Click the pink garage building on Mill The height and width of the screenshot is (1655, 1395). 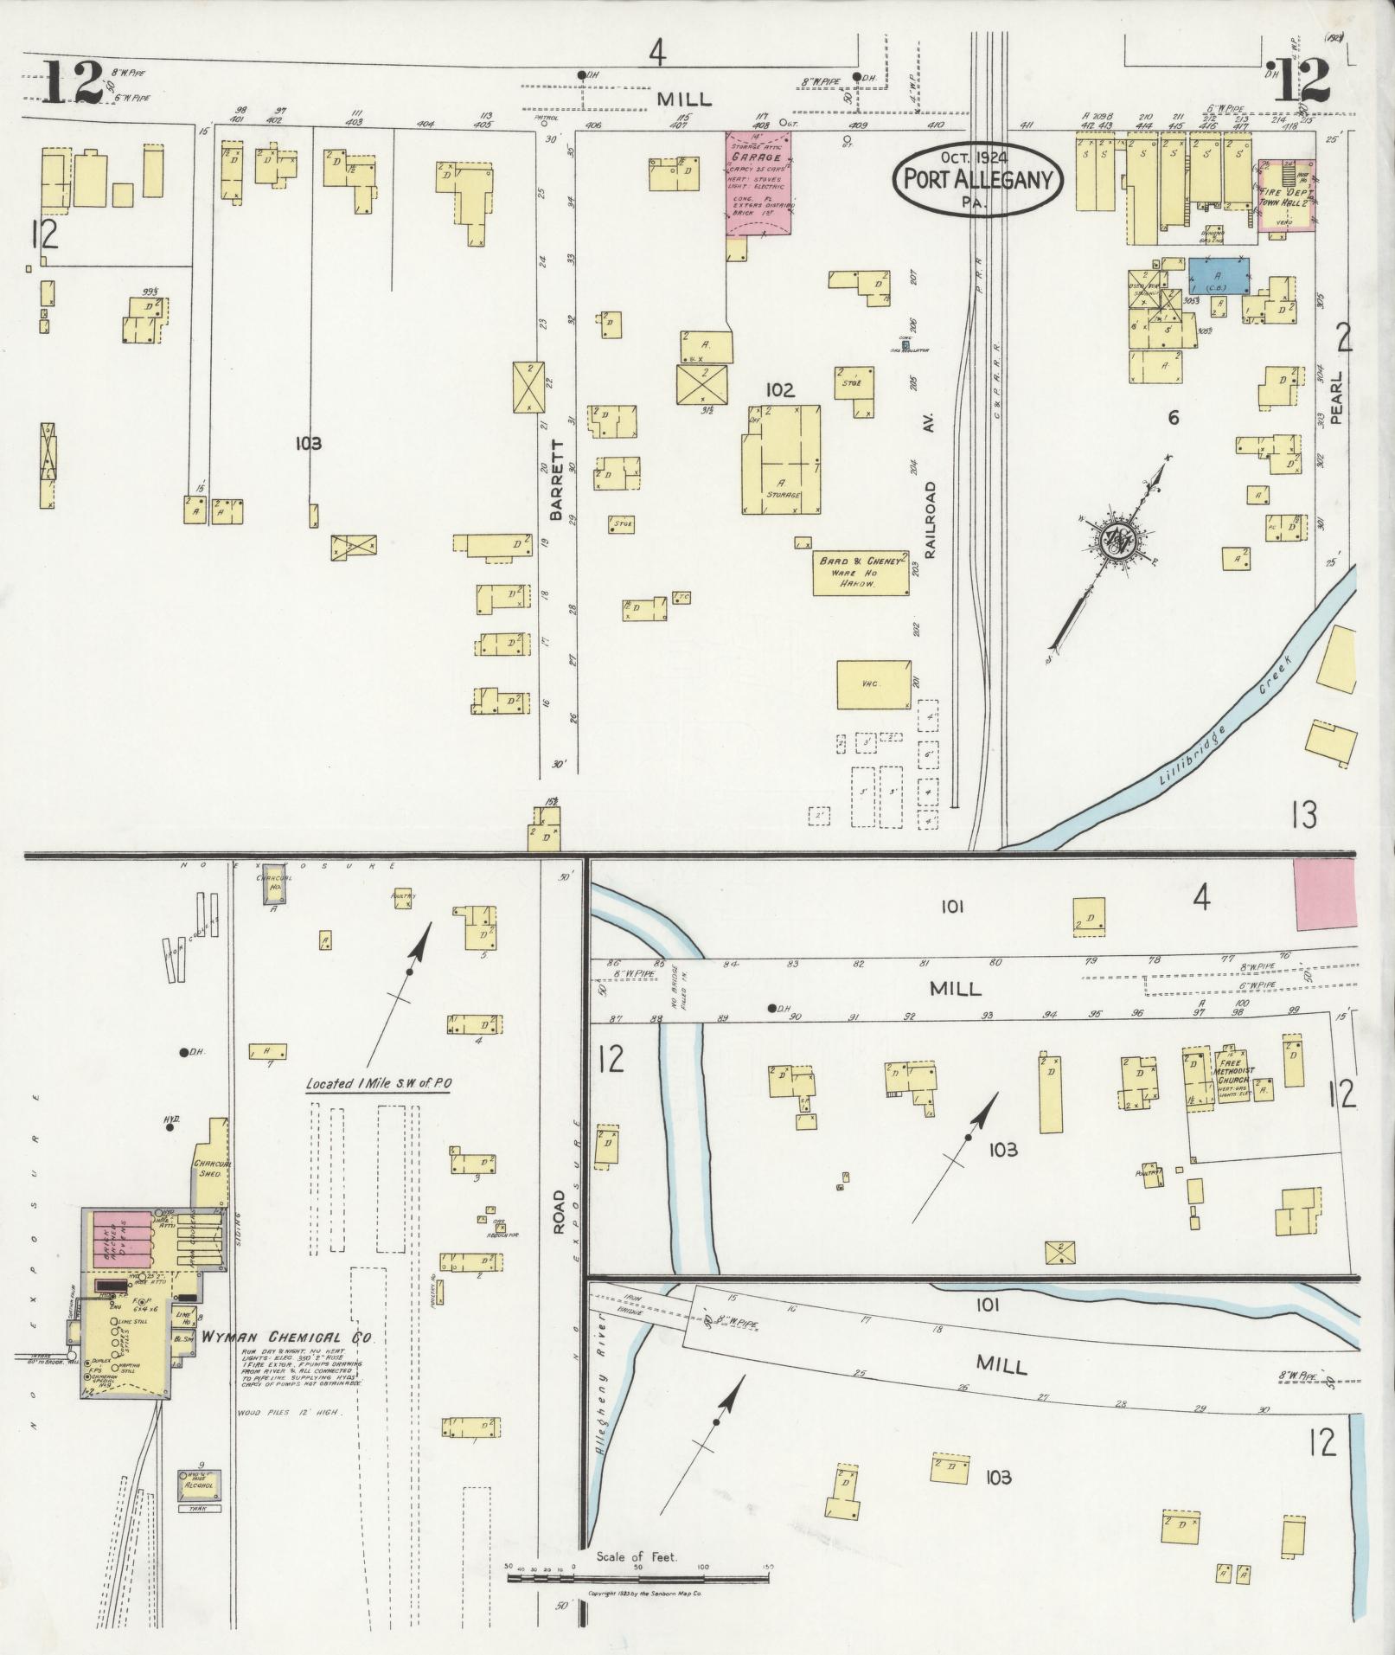[758, 183]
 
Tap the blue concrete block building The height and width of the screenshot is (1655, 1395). [1219, 275]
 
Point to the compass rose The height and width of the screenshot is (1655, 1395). [1118, 542]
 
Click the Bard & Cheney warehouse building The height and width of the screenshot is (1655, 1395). [861, 573]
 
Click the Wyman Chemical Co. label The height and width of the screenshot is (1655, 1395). [286, 1337]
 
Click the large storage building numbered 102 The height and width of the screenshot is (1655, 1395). [781, 460]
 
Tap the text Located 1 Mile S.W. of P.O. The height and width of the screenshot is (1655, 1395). [378, 1084]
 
